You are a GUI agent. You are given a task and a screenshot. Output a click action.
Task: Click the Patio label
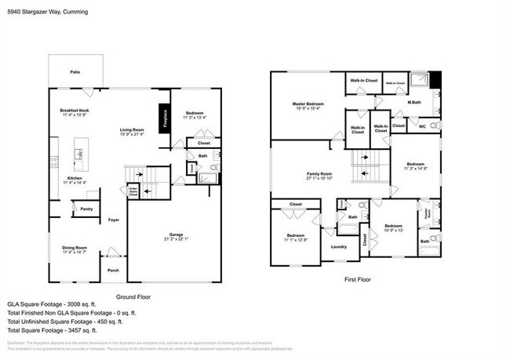pyautogui.click(x=75, y=72)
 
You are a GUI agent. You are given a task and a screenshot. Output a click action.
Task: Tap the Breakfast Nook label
pyautogui.click(x=75, y=111)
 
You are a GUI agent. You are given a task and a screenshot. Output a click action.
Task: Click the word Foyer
pyautogui.click(x=114, y=220)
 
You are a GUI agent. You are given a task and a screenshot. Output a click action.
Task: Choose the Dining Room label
pyautogui.click(x=75, y=248)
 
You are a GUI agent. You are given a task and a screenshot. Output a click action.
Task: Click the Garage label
pyautogui.click(x=177, y=235)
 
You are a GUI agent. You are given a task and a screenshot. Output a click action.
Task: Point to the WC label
pyautogui.click(x=423, y=125)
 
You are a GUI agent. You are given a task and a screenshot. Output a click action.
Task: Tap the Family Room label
pyautogui.click(x=319, y=173)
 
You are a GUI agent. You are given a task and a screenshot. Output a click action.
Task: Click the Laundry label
pyautogui.click(x=339, y=247)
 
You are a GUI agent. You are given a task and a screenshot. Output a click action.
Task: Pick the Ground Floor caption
pyautogui.click(x=133, y=297)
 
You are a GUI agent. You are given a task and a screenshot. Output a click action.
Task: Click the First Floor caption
pyautogui.click(x=357, y=278)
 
